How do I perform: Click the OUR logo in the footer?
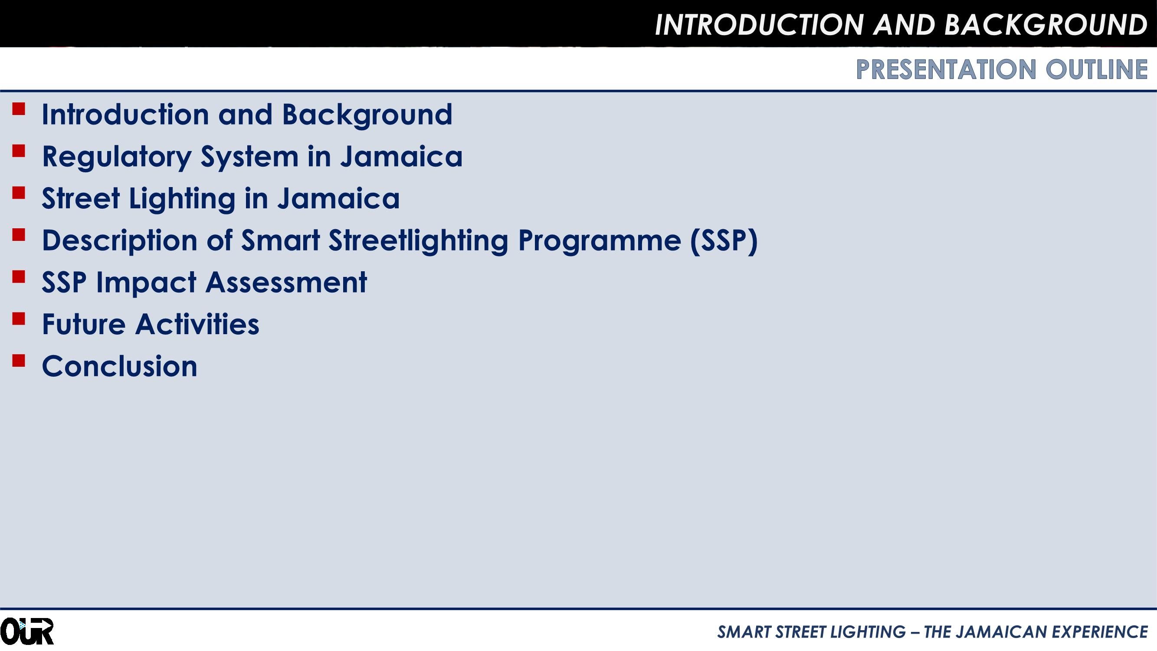(x=27, y=631)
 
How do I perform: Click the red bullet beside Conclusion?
(x=18, y=361)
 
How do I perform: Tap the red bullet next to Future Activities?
(x=18, y=319)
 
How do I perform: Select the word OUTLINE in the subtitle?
(x=1096, y=69)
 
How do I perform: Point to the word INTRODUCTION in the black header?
(x=759, y=24)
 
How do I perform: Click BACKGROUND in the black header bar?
(x=1046, y=24)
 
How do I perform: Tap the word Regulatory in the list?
(x=117, y=157)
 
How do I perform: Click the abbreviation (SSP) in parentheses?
(x=724, y=240)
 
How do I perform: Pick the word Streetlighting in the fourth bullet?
(x=418, y=240)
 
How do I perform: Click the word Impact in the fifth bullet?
(x=147, y=283)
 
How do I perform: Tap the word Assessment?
(x=286, y=283)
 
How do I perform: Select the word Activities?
(x=197, y=324)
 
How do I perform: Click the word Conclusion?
(x=119, y=366)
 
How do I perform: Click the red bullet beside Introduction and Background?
(x=18, y=109)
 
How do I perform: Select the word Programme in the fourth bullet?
(x=599, y=240)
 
